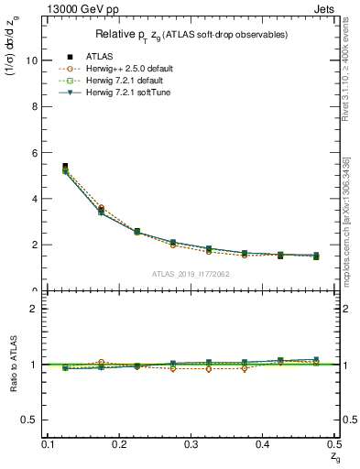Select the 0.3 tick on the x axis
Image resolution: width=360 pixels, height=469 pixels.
point(191,444)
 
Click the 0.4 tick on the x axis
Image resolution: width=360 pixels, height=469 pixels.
point(264,444)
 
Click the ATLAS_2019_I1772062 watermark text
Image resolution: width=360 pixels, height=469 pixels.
point(191,274)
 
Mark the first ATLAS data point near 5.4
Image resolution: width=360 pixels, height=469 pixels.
point(64,167)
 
